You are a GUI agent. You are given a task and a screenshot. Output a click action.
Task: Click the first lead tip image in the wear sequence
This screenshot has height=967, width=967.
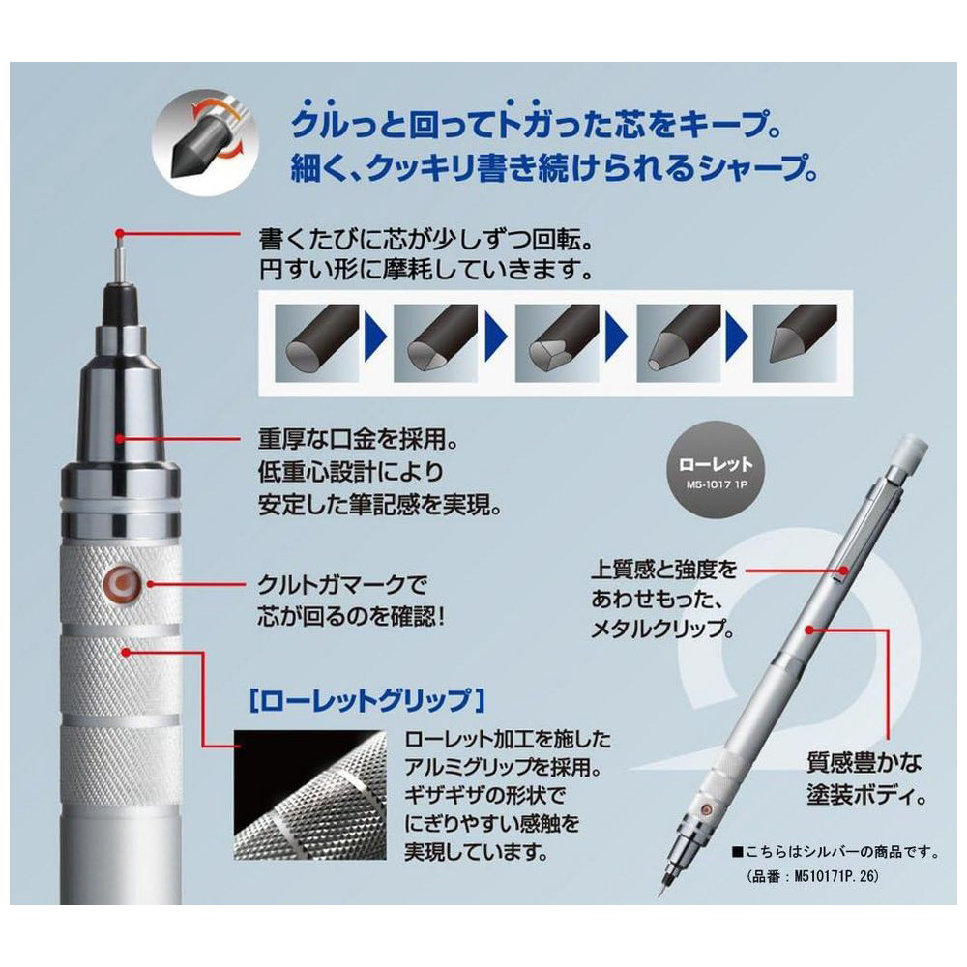click(x=316, y=343)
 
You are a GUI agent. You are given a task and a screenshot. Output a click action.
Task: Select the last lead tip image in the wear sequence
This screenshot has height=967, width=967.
click(x=794, y=343)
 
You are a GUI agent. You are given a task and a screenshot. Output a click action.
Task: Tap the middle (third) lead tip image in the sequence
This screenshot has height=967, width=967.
click(x=556, y=343)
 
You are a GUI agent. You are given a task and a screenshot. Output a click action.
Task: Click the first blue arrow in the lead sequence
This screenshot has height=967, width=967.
click(x=376, y=337)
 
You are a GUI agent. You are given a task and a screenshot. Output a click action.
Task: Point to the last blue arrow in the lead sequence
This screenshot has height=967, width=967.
click(x=737, y=337)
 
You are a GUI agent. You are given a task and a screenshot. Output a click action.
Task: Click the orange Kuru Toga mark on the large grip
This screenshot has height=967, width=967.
click(x=122, y=582)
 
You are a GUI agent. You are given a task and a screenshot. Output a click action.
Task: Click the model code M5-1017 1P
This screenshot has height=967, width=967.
click(x=717, y=484)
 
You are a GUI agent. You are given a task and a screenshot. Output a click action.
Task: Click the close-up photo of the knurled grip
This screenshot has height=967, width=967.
click(x=309, y=795)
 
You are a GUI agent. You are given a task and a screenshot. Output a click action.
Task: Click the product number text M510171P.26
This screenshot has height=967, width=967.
click(x=811, y=876)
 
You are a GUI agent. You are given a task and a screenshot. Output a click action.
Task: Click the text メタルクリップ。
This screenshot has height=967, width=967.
click(x=663, y=630)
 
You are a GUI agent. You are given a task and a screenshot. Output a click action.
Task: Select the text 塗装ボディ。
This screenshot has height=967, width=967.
click(x=867, y=795)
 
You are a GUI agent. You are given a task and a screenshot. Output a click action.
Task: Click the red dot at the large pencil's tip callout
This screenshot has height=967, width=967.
click(x=120, y=233)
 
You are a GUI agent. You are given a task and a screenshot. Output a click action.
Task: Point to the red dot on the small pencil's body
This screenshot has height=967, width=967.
click(x=809, y=630)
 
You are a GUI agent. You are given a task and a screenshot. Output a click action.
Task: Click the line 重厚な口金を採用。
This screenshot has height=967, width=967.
click(x=359, y=440)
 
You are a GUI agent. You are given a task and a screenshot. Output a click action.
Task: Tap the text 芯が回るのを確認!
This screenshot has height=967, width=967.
click(x=351, y=617)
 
